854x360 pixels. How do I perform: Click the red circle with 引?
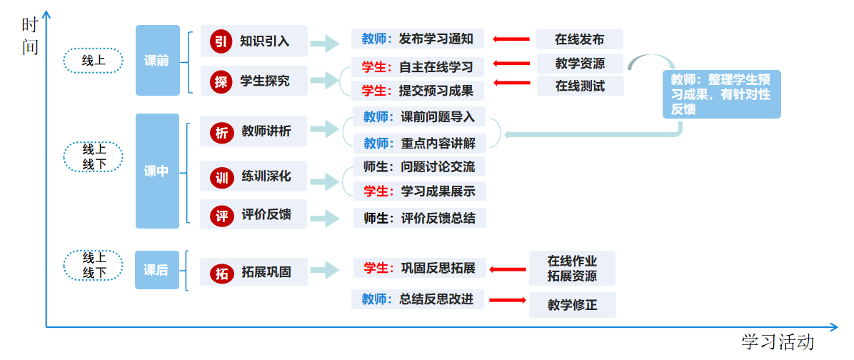[x=221, y=41]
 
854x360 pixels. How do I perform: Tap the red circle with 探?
[x=221, y=81]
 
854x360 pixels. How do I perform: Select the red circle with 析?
[x=221, y=131]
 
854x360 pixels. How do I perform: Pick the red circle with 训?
[x=221, y=176]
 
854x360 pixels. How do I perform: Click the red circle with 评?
[x=221, y=215]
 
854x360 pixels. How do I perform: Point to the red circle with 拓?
[x=221, y=272]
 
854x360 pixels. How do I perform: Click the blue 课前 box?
[x=157, y=61]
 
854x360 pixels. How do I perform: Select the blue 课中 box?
[x=157, y=171]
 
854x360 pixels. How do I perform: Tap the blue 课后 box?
[x=157, y=270]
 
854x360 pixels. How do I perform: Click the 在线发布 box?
[x=579, y=39]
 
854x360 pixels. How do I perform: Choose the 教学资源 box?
[x=579, y=63]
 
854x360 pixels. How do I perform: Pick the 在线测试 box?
[x=579, y=86]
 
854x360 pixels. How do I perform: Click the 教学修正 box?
[x=572, y=305]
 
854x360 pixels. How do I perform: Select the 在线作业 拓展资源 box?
[x=572, y=269]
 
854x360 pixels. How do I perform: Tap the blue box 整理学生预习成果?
[x=721, y=94]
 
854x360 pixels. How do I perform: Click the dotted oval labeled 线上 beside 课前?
[x=94, y=61]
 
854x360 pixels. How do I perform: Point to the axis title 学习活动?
[x=777, y=342]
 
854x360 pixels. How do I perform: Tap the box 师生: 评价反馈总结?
[x=419, y=219]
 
